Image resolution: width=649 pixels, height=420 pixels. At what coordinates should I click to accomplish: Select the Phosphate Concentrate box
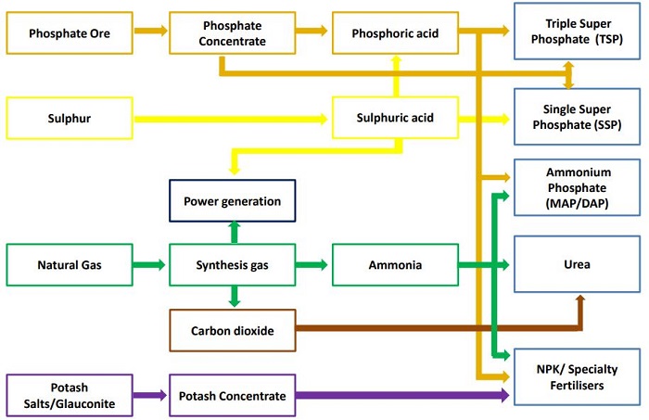[x=232, y=34]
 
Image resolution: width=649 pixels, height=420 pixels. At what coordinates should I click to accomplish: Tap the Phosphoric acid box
[x=396, y=34]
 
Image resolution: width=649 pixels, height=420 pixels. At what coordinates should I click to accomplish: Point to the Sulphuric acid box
[x=396, y=119]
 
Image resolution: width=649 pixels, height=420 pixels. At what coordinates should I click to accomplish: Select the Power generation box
[x=232, y=201]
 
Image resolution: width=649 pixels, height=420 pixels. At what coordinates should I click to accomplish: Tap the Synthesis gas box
[x=232, y=265]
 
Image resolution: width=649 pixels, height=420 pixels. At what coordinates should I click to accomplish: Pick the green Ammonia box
[x=396, y=265]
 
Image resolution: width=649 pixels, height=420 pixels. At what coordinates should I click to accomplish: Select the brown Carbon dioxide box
[x=232, y=330]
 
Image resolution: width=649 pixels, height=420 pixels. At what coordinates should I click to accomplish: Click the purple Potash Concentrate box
[x=232, y=396]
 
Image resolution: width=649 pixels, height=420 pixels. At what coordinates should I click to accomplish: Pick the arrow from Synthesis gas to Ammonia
[x=313, y=265]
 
